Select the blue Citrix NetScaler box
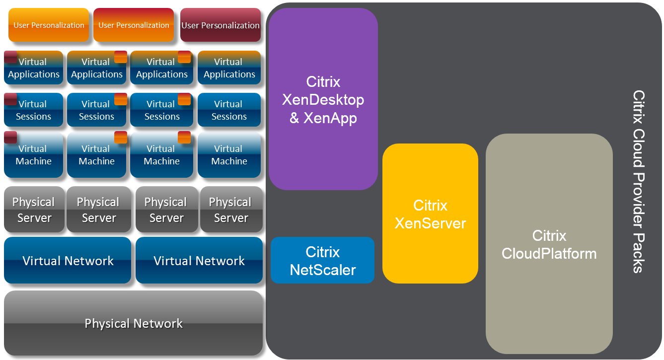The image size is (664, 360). (323, 260)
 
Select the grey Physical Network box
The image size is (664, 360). (133, 324)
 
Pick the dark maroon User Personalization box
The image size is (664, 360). (221, 25)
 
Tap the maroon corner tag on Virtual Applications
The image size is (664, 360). (10, 57)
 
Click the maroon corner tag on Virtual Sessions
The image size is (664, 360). (10, 99)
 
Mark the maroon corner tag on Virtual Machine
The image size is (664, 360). (10, 138)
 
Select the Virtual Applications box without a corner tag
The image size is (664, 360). (228, 68)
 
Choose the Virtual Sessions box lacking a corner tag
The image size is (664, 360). (228, 110)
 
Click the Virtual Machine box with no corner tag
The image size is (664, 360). (228, 155)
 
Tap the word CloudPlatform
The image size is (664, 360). (549, 254)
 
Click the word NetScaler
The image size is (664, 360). (323, 270)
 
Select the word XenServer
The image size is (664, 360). (430, 223)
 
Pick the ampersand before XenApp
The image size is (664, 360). (295, 118)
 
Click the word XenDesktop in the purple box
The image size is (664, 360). (323, 100)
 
